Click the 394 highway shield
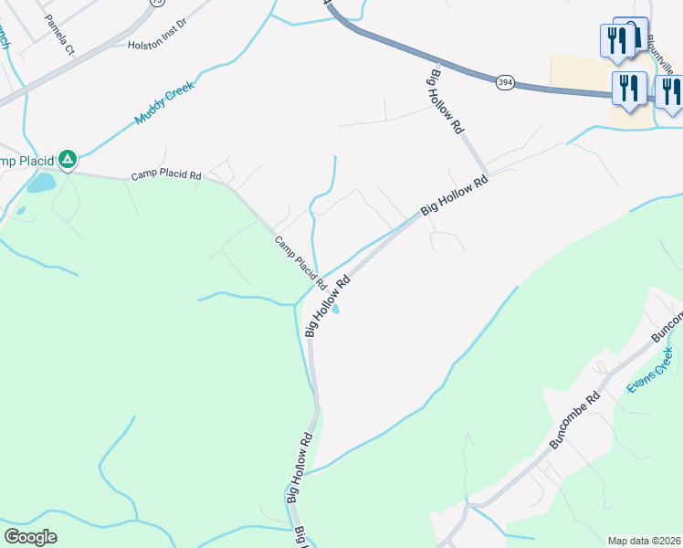click(x=505, y=83)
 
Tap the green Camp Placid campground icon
click(x=68, y=161)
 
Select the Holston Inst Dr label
click(x=158, y=43)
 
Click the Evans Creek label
click(x=649, y=371)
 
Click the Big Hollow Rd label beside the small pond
click(x=329, y=305)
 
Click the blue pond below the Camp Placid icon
click(x=40, y=184)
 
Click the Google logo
click(x=30, y=537)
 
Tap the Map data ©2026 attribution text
click(x=645, y=541)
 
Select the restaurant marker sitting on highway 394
click(x=628, y=89)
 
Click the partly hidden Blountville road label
click(x=662, y=55)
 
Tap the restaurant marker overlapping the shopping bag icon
click(x=616, y=41)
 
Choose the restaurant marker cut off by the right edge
click(x=671, y=92)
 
